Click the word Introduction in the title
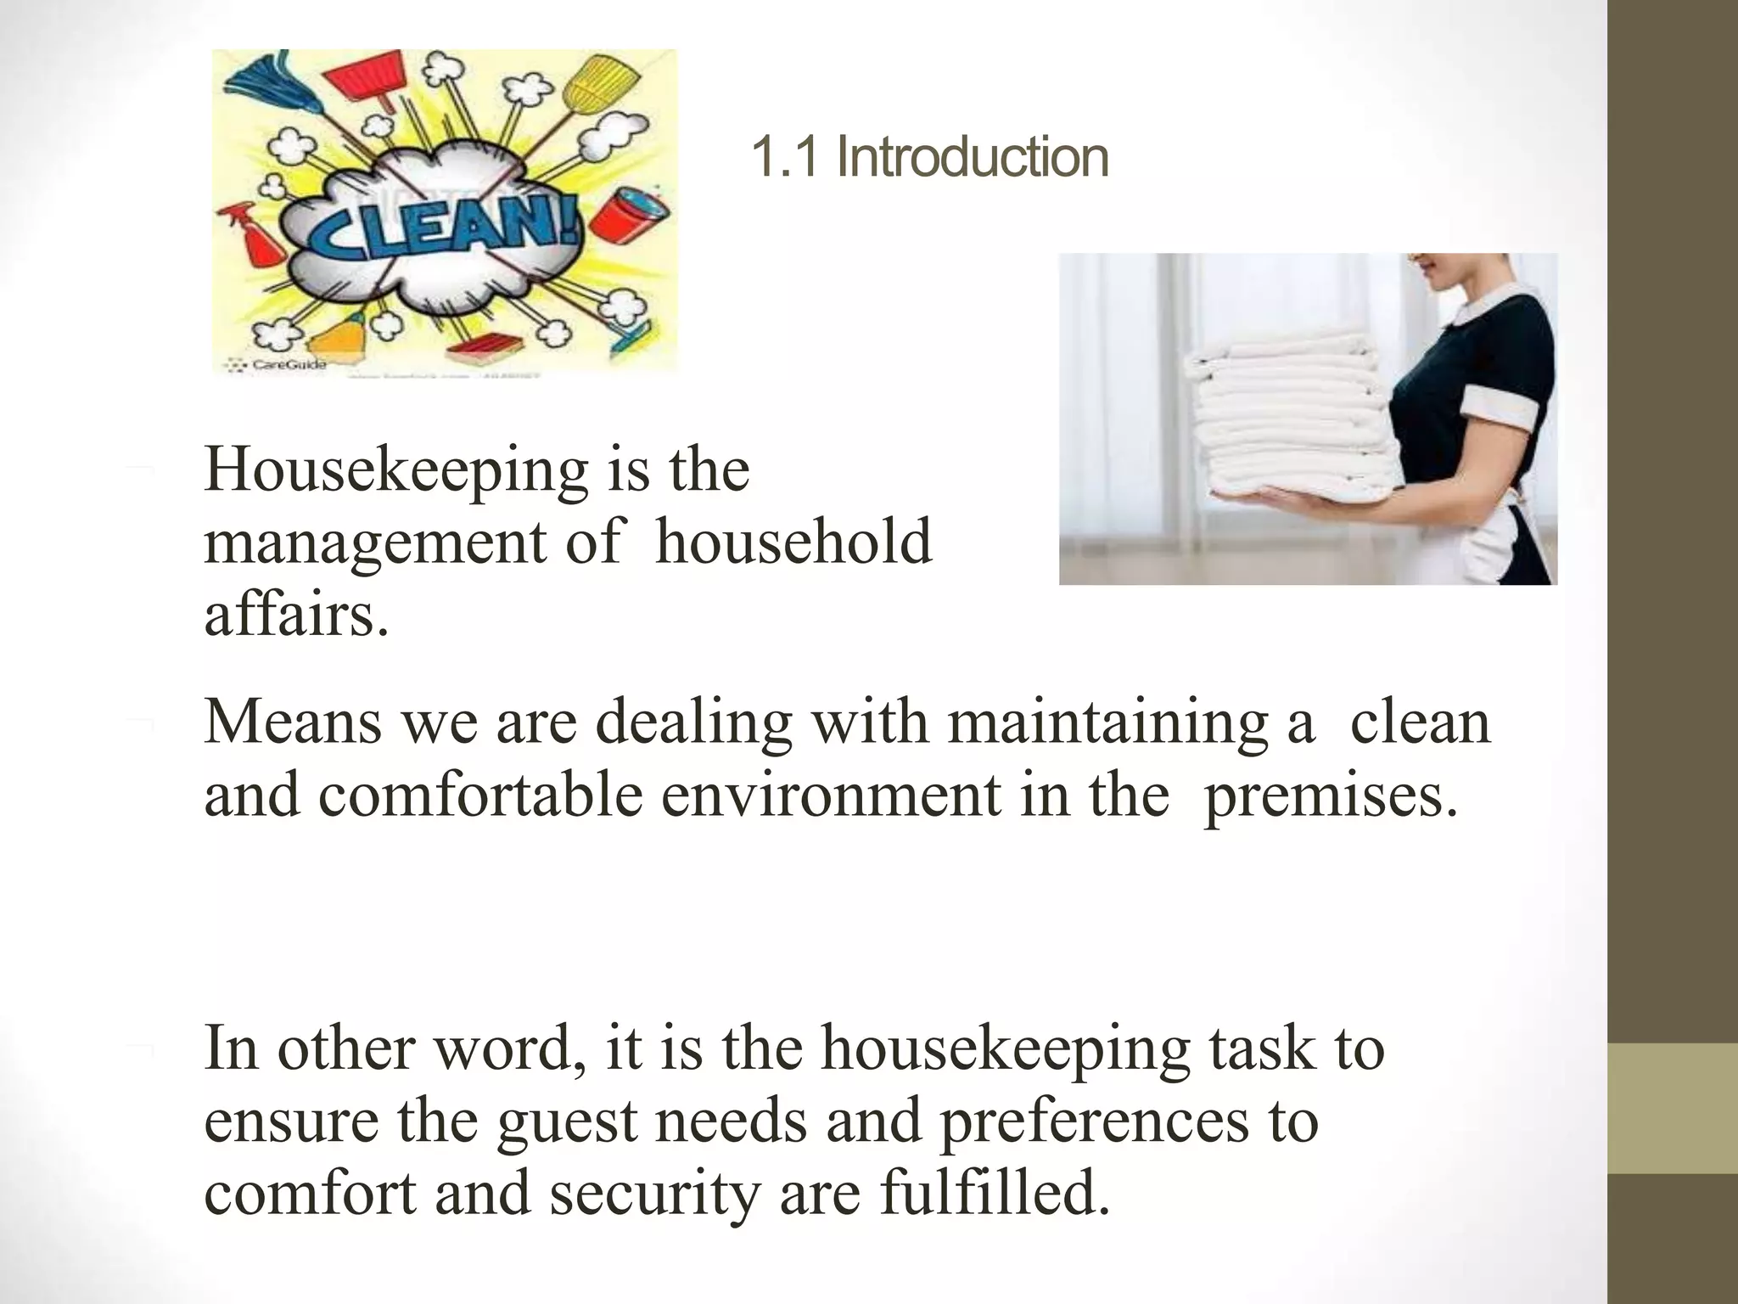pyautogui.click(x=973, y=158)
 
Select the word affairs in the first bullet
pyautogui.click(x=296, y=615)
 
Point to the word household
pyautogui.click(x=793, y=543)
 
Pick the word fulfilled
pyautogui.click(x=994, y=1193)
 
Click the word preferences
pyautogui.click(x=1094, y=1122)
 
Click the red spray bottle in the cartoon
pyautogui.click(x=255, y=239)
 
